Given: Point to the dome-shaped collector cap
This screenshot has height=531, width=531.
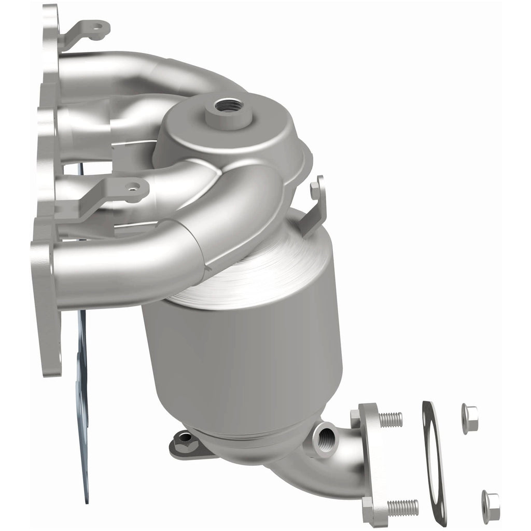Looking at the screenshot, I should coord(228,130).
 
